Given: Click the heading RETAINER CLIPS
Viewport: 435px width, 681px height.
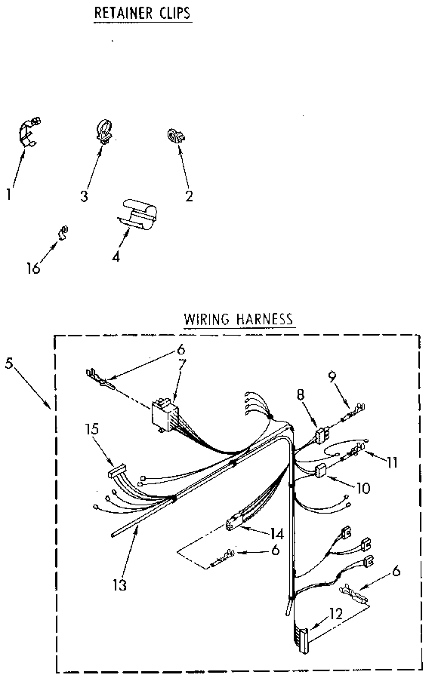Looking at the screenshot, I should click(141, 14).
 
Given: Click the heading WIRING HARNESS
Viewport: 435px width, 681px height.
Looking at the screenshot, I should click(238, 319).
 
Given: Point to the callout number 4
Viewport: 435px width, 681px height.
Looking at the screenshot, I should click(116, 256).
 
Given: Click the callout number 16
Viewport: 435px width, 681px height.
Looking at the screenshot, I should click(32, 268).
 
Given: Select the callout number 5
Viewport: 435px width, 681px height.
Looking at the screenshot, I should click(9, 363).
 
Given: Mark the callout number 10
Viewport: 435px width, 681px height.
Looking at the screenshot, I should click(363, 488).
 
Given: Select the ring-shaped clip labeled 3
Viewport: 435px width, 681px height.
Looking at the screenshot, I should click(103, 129).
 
